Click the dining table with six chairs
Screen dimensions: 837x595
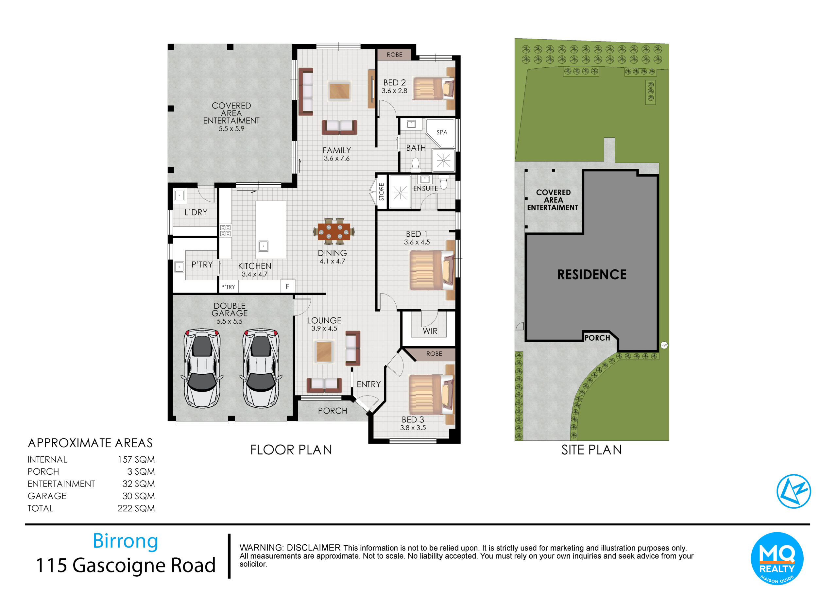[x=334, y=231]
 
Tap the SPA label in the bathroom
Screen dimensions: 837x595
[x=442, y=132]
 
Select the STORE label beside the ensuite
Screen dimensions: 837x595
[x=381, y=192]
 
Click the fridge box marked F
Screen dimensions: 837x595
[x=287, y=286]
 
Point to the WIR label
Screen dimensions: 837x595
[x=430, y=331]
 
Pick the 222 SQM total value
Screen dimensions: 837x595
[x=136, y=508]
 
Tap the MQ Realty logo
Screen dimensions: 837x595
[x=777, y=558]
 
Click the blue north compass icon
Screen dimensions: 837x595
[x=794, y=491]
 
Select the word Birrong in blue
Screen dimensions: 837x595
[x=125, y=541]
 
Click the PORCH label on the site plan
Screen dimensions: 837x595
[x=597, y=338]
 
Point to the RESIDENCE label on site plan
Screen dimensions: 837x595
[x=591, y=274]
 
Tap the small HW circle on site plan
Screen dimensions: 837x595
[x=664, y=345]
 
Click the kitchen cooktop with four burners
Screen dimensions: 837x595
[x=225, y=230]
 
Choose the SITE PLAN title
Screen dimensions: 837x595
[x=591, y=450]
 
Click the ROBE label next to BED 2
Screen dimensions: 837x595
[x=395, y=55]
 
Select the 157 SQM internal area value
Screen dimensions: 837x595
[x=136, y=459]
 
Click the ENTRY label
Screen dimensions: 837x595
[x=368, y=384]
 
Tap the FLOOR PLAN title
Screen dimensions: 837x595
[x=291, y=450]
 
